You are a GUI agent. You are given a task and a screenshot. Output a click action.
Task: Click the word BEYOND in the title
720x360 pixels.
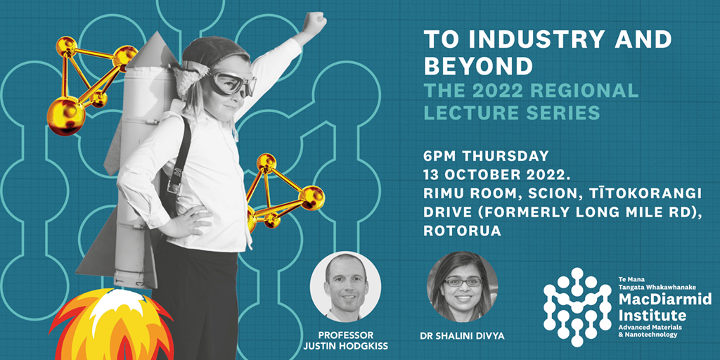coord(478,66)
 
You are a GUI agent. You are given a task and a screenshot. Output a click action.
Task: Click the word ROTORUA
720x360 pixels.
coord(463,231)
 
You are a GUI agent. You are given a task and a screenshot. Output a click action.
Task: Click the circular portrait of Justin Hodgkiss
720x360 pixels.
coord(345,286)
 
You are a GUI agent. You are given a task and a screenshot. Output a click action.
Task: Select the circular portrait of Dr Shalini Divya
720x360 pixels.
coord(463,286)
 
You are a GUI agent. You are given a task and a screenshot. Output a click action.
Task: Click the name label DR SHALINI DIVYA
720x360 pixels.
coord(463,336)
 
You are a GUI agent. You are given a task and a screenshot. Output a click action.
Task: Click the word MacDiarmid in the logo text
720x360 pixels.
coord(664,300)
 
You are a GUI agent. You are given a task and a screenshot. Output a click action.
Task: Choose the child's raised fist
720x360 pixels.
coord(316,22)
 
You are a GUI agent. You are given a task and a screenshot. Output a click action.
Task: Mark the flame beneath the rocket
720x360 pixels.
coord(112,325)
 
